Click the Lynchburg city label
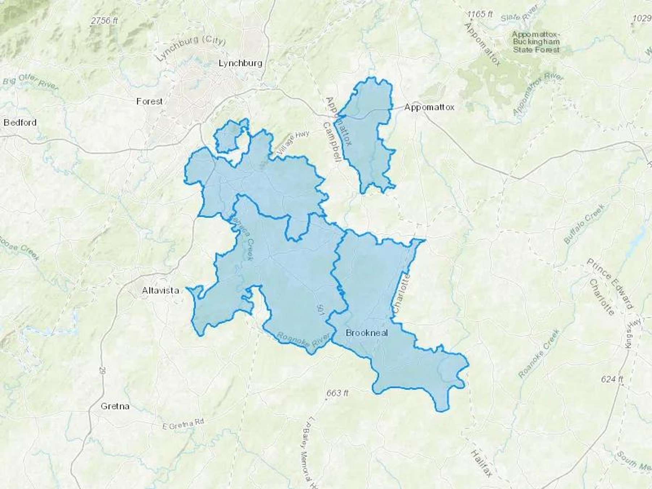(240, 63)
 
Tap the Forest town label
(149, 101)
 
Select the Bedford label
(20, 122)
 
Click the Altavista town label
(160, 291)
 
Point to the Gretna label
(115, 406)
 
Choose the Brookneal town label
(367, 333)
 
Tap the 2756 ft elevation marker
(104, 21)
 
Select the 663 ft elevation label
(337, 393)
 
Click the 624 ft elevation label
(612, 379)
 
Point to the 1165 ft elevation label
(480, 14)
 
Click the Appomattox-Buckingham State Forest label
(536, 42)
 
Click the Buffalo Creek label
(584, 224)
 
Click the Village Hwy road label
(293, 143)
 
